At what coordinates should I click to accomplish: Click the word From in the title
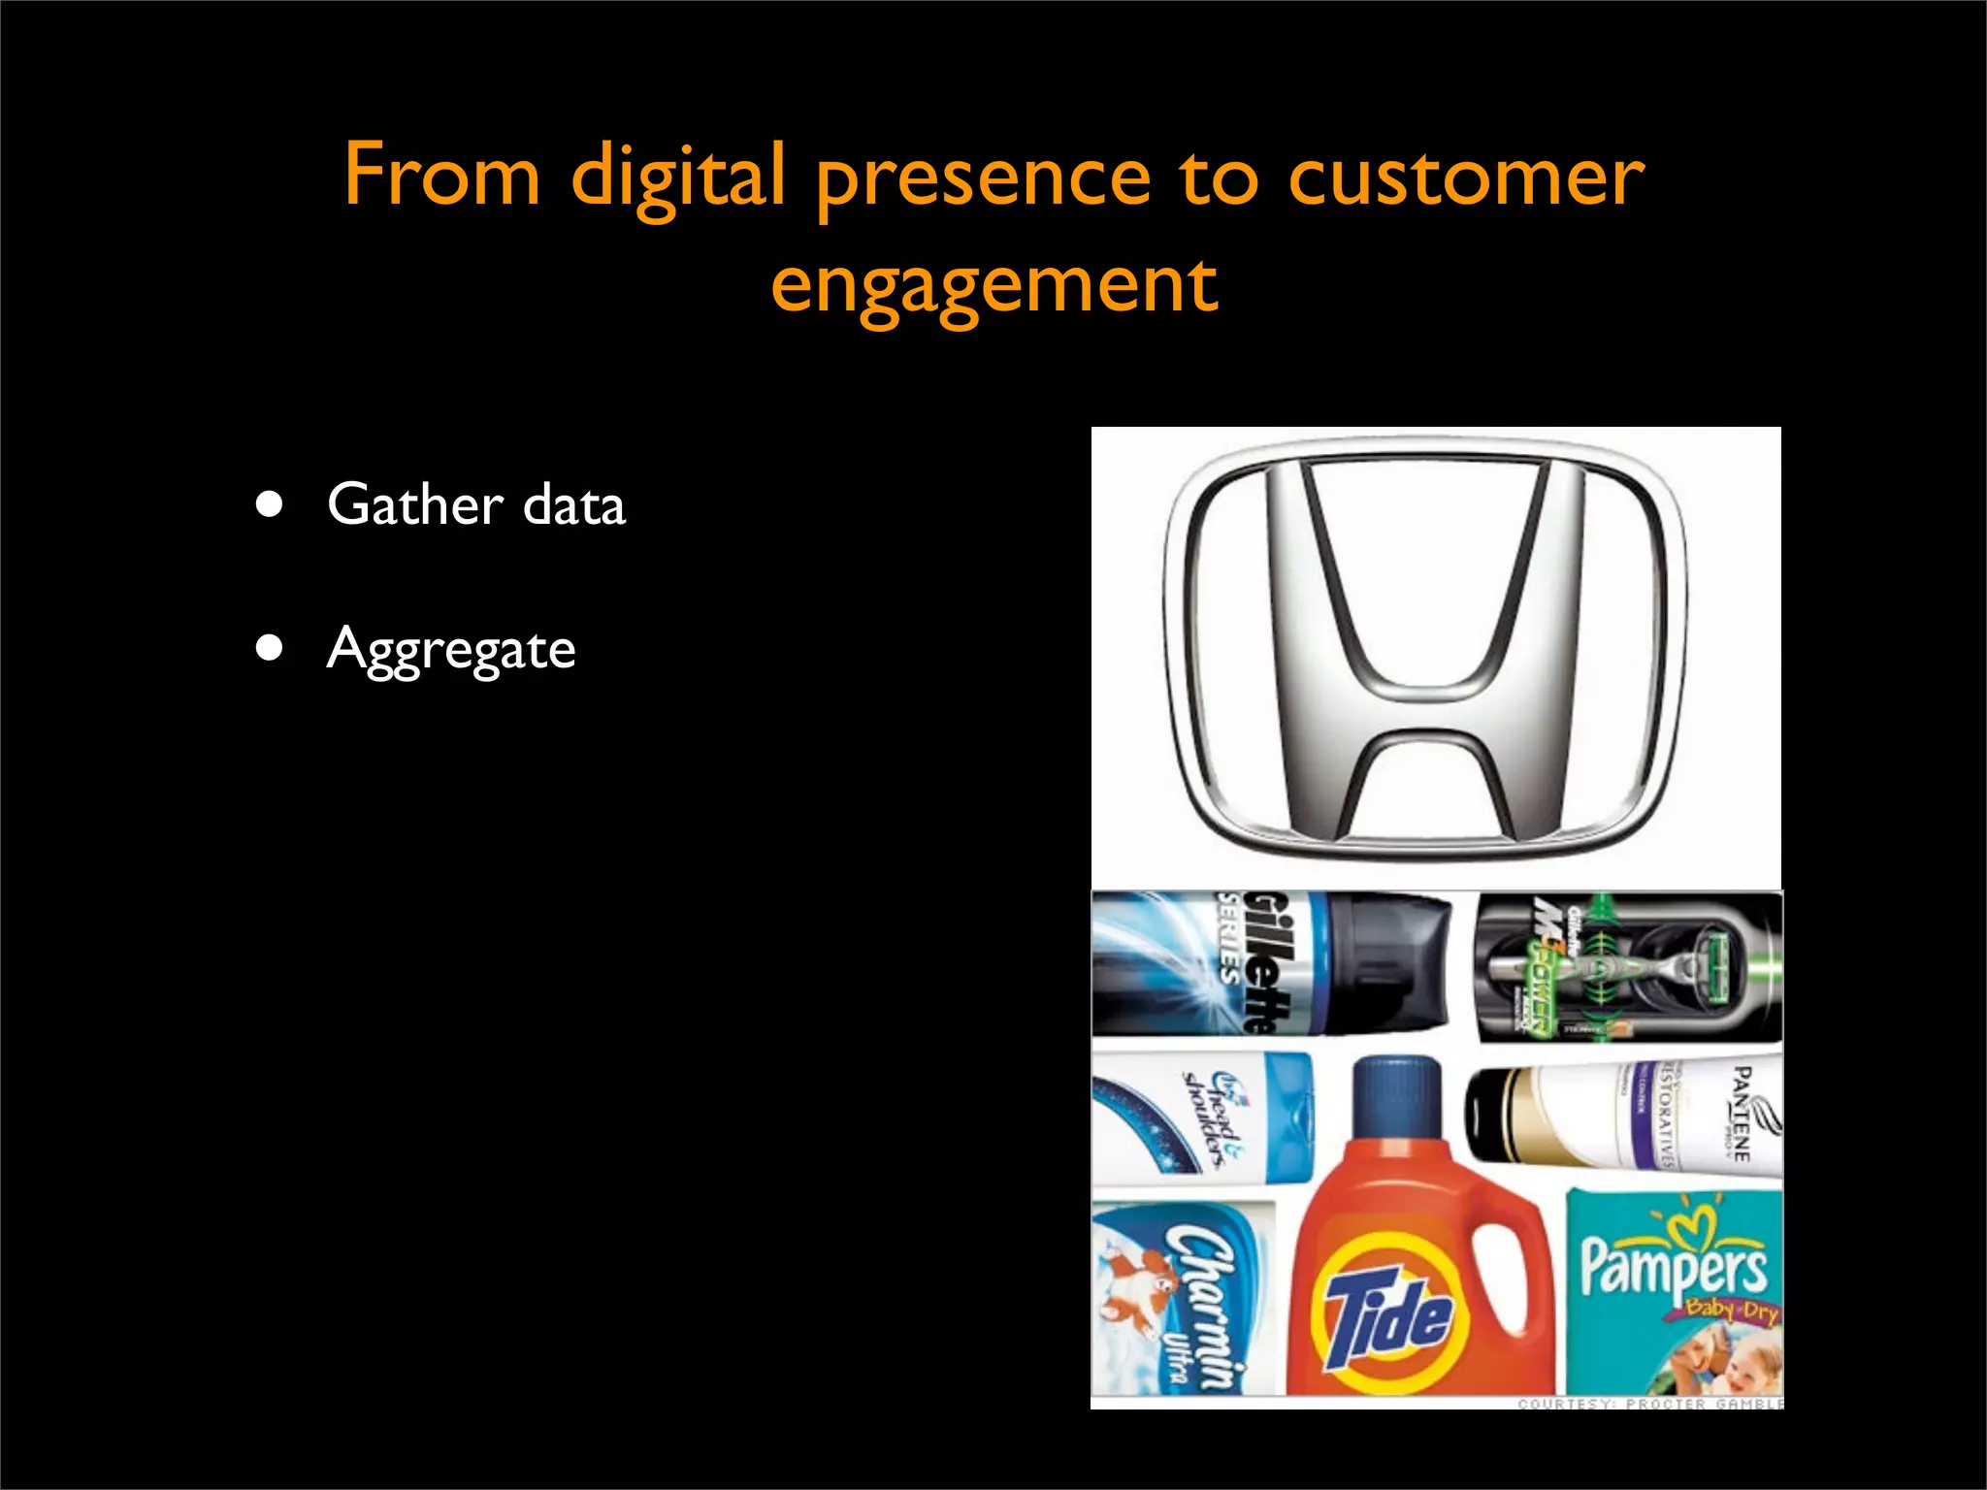[x=441, y=176]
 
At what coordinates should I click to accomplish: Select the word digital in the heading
[x=677, y=178]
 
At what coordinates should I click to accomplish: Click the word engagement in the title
[x=993, y=286]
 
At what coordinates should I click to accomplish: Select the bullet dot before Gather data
[x=270, y=504]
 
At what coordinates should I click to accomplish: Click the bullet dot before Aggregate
[x=270, y=647]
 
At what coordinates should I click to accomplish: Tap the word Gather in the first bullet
[x=415, y=504]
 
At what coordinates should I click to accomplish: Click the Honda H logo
[x=1425, y=648]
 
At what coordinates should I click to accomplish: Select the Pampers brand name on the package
[x=1673, y=1266]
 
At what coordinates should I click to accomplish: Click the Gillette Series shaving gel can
[x=1271, y=962]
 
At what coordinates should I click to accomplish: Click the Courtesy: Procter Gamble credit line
[x=1649, y=1403]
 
